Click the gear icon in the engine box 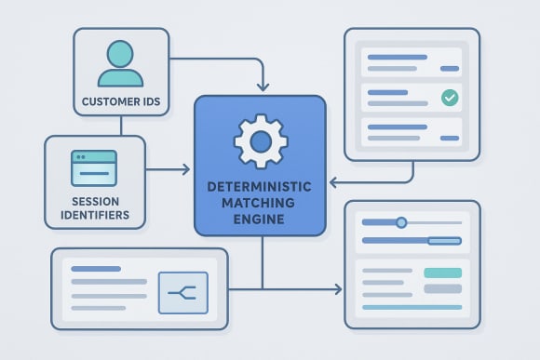260,142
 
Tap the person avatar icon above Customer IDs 121,65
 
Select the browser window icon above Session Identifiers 94,168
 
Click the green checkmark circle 451,97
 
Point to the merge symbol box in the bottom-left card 182,292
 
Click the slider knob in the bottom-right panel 401,222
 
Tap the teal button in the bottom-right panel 442,273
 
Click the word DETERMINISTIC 260,187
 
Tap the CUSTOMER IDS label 121,101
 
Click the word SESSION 94,202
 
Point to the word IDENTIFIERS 94,218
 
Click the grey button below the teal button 442,288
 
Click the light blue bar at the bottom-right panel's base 411,306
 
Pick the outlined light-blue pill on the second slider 444,241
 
